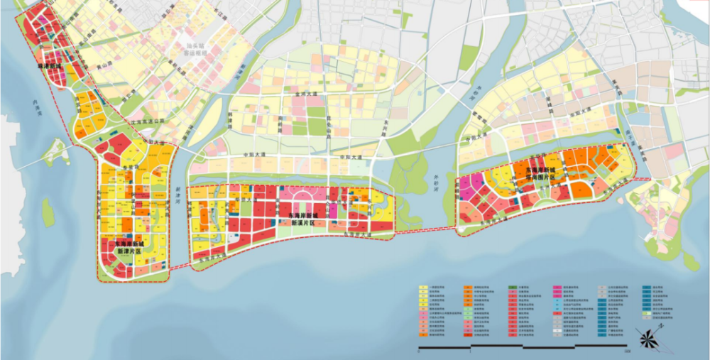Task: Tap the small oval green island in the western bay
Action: pos(48,212)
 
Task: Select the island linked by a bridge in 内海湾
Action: pos(55,151)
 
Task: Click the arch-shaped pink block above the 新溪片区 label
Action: pos(302,195)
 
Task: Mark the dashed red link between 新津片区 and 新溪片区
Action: pos(180,268)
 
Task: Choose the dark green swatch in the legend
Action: pos(510,290)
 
